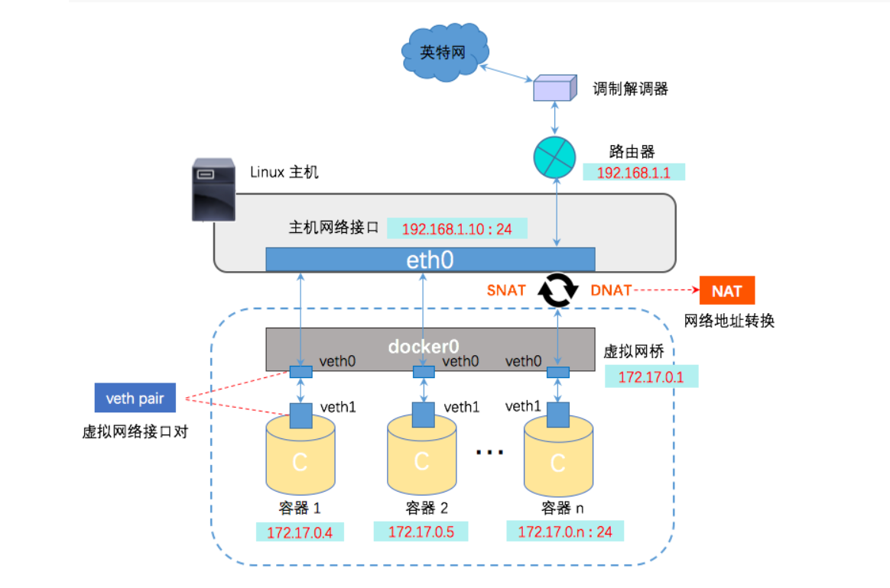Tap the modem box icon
coord(554,89)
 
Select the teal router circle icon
coord(554,157)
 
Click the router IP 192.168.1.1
coord(633,173)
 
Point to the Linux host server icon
coord(213,190)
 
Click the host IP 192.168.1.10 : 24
coord(456,228)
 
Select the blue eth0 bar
coord(430,260)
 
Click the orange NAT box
coord(726,291)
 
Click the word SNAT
coord(506,290)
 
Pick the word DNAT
coord(612,290)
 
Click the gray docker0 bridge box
coord(430,347)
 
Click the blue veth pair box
coord(135,398)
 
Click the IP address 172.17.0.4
coord(300,532)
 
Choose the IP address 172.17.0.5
coord(421,531)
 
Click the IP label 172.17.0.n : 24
coord(565,531)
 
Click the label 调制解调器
coord(631,89)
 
